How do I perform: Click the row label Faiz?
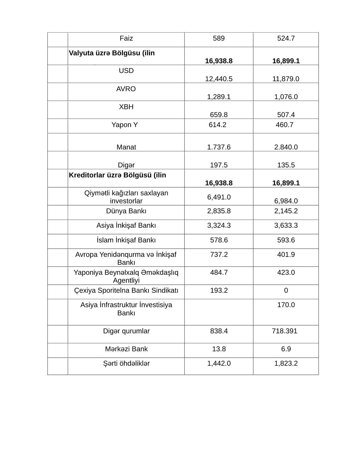click(x=126, y=39)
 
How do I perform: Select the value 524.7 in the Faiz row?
click(x=286, y=39)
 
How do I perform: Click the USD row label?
click(x=126, y=71)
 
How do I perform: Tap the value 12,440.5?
click(x=219, y=79)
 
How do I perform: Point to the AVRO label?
click(x=126, y=89)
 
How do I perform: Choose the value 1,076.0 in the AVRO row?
click(x=286, y=97)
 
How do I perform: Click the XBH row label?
click(x=126, y=107)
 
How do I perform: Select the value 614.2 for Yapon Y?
click(x=217, y=125)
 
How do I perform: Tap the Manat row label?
click(x=126, y=147)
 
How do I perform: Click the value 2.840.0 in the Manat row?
click(x=286, y=147)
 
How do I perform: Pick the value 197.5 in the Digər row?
click(x=219, y=165)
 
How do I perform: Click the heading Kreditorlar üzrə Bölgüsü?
click(x=117, y=175)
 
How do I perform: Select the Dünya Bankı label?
click(x=126, y=211)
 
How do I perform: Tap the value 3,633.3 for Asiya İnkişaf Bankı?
click(x=286, y=226)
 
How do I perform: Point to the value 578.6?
click(x=219, y=240)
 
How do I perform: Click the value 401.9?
click(x=286, y=255)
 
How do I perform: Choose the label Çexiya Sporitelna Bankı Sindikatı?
click(x=126, y=291)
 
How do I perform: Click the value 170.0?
click(x=286, y=305)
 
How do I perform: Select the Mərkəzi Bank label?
click(x=126, y=349)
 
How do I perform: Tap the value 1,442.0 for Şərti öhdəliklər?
click(x=219, y=364)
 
